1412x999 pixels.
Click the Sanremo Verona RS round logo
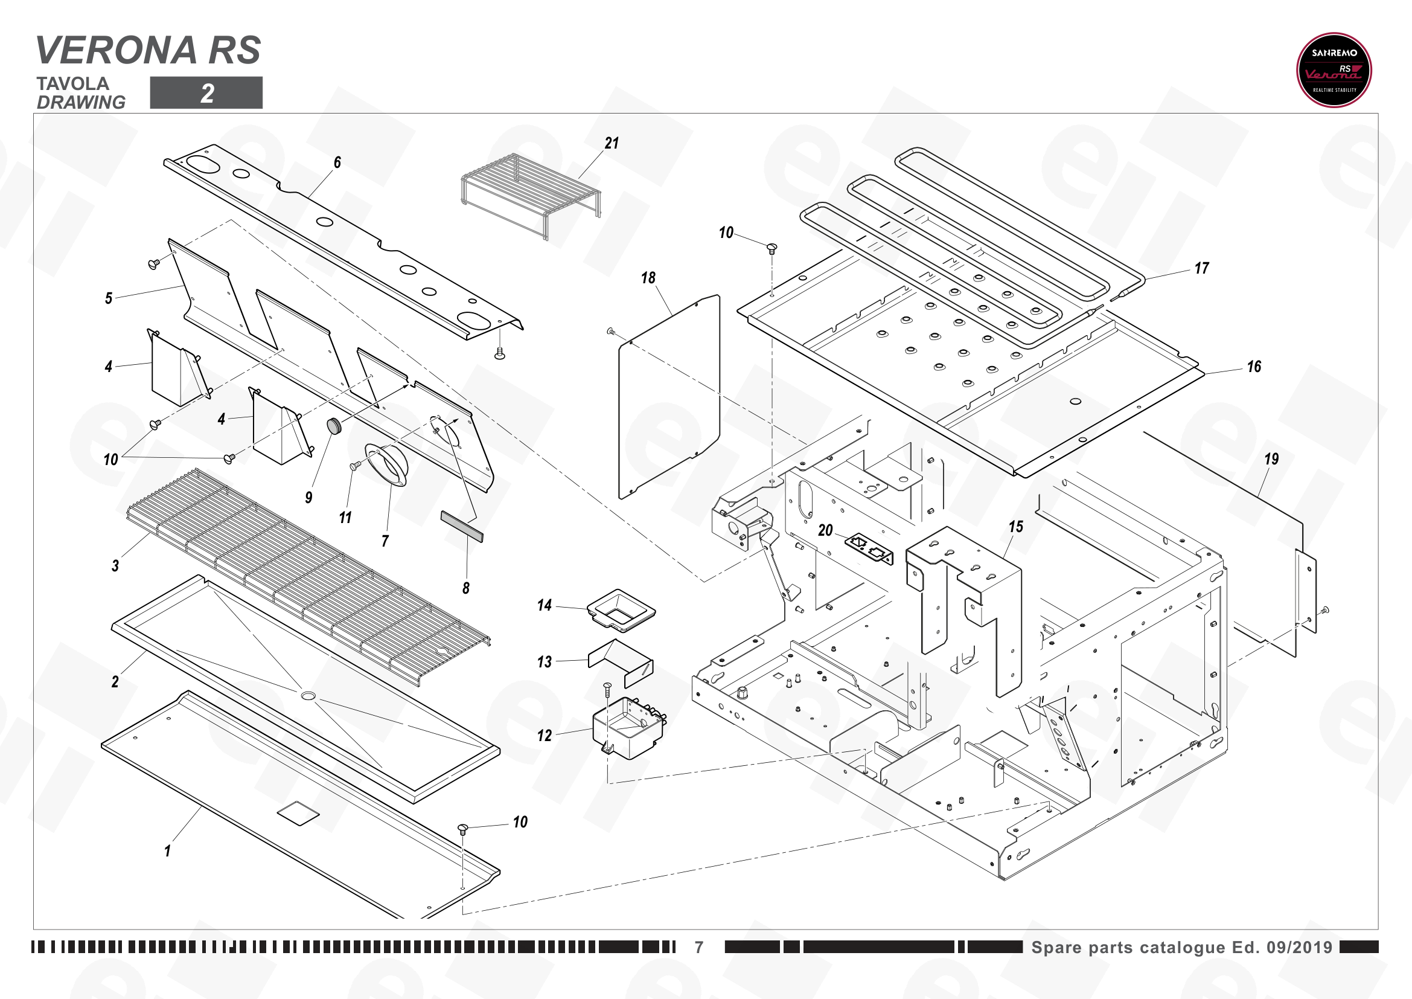pos(1334,70)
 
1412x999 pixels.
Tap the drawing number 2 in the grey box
pos(207,94)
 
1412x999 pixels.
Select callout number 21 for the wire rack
pos(612,143)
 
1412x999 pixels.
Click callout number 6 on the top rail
pos(337,162)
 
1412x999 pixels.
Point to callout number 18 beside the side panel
pos(648,278)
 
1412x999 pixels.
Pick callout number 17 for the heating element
pos(1202,268)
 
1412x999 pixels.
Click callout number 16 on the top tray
pos(1254,367)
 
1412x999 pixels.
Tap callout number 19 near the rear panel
pos(1271,459)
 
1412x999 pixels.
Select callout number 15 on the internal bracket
pos(1016,527)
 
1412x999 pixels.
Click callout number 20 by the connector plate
pos(825,530)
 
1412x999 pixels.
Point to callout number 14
pos(545,605)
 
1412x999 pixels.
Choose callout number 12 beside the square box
pos(545,736)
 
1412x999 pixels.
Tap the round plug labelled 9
pos(334,426)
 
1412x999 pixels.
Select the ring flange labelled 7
pos(387,466)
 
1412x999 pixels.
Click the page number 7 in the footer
pos(699,947)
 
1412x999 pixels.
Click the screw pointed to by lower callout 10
pos(463,828)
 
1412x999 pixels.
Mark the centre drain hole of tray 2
pos(308,696)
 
